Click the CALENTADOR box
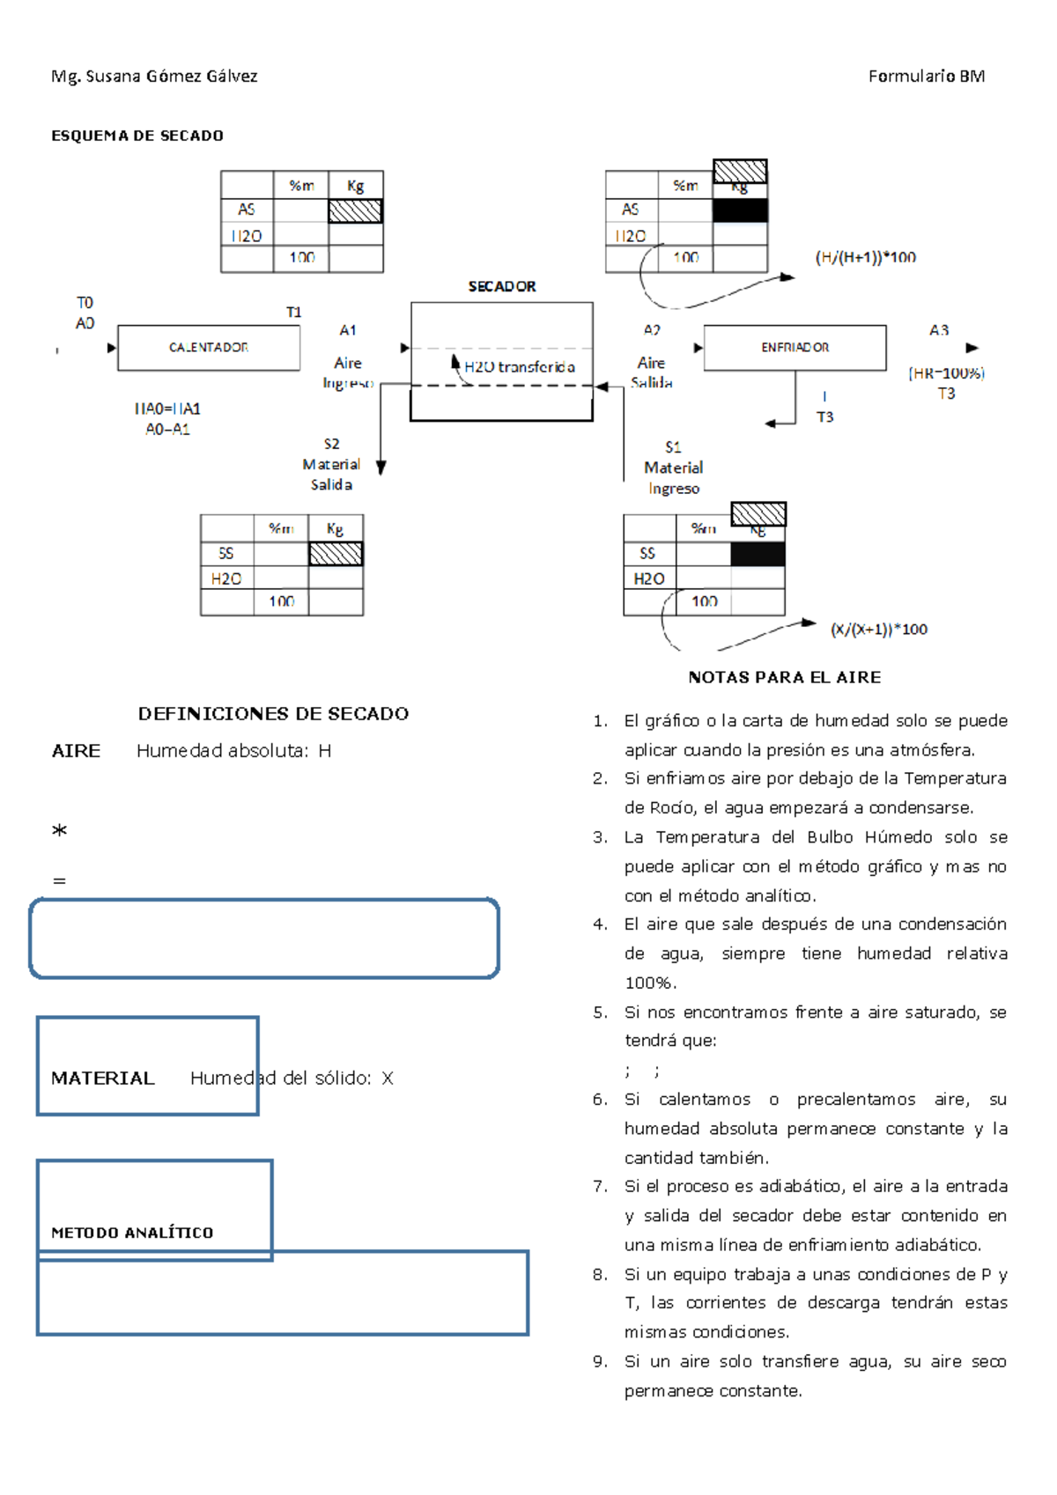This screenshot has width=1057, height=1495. (209, 348)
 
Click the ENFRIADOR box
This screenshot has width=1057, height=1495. (795, 348)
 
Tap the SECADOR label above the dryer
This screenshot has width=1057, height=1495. (502, 287)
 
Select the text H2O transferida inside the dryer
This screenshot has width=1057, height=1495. (520, 367)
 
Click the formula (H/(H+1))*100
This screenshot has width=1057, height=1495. (865, 258)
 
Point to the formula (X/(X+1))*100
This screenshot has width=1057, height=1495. (878, 630)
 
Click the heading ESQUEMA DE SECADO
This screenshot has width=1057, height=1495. (137, 136)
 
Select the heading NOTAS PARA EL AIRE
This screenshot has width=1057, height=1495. (784, 677)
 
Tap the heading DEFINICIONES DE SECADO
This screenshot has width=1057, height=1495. (273, 714)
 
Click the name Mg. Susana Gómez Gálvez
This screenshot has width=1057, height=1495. (154, 77)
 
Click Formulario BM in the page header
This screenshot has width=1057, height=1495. (926, 77)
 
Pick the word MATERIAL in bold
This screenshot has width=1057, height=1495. (103, 1079)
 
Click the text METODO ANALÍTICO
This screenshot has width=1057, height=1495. (132, 1233)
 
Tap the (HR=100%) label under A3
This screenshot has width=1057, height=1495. (946, 373)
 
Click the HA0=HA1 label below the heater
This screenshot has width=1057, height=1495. (167, 409)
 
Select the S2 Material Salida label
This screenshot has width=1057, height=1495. (331, 465)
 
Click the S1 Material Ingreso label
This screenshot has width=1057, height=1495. (674, 468)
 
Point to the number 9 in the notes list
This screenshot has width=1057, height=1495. (600, 1362)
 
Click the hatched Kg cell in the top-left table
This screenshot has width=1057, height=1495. (355, 211)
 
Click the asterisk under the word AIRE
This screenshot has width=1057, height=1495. (59, 831)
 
